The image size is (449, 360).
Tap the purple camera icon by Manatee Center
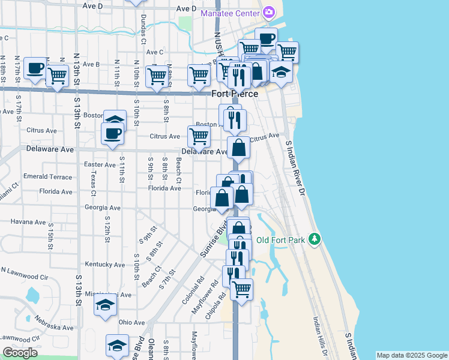point(268,12)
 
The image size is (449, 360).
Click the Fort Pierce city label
point(235,94)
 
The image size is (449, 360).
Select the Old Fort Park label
point(281,240)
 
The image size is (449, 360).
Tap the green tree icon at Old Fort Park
point(313,239)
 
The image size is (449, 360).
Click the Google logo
point(19,353)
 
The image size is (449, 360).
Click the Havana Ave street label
point(28,221)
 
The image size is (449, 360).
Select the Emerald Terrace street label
point(47,177)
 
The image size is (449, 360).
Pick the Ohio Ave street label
point(132,322)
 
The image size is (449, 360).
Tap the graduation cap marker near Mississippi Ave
point(105,304)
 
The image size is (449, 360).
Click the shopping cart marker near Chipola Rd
point(241,289)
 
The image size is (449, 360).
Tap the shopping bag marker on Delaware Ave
point(238,147)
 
